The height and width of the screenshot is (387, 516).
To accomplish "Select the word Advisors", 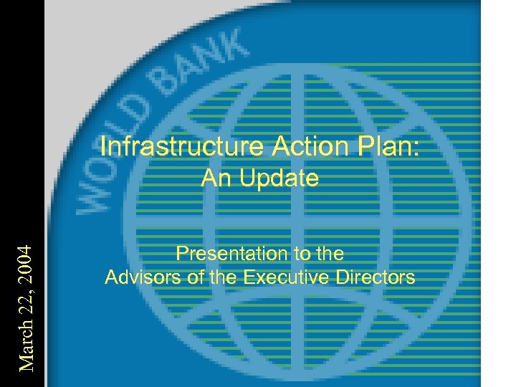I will pyautogui.click(x=141, y=277).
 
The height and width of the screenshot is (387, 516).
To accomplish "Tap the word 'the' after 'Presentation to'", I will pyautogui.click(x=329, y=253).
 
